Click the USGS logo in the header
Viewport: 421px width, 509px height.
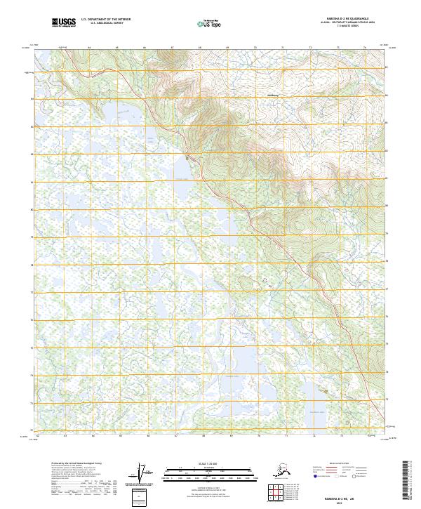click(x=64, y=23)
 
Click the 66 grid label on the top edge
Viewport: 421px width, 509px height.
click(x=145, y=48)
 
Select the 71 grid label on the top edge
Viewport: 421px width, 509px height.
click(x=283, y=48)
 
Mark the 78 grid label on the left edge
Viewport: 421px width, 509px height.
click(x=32, y=265)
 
